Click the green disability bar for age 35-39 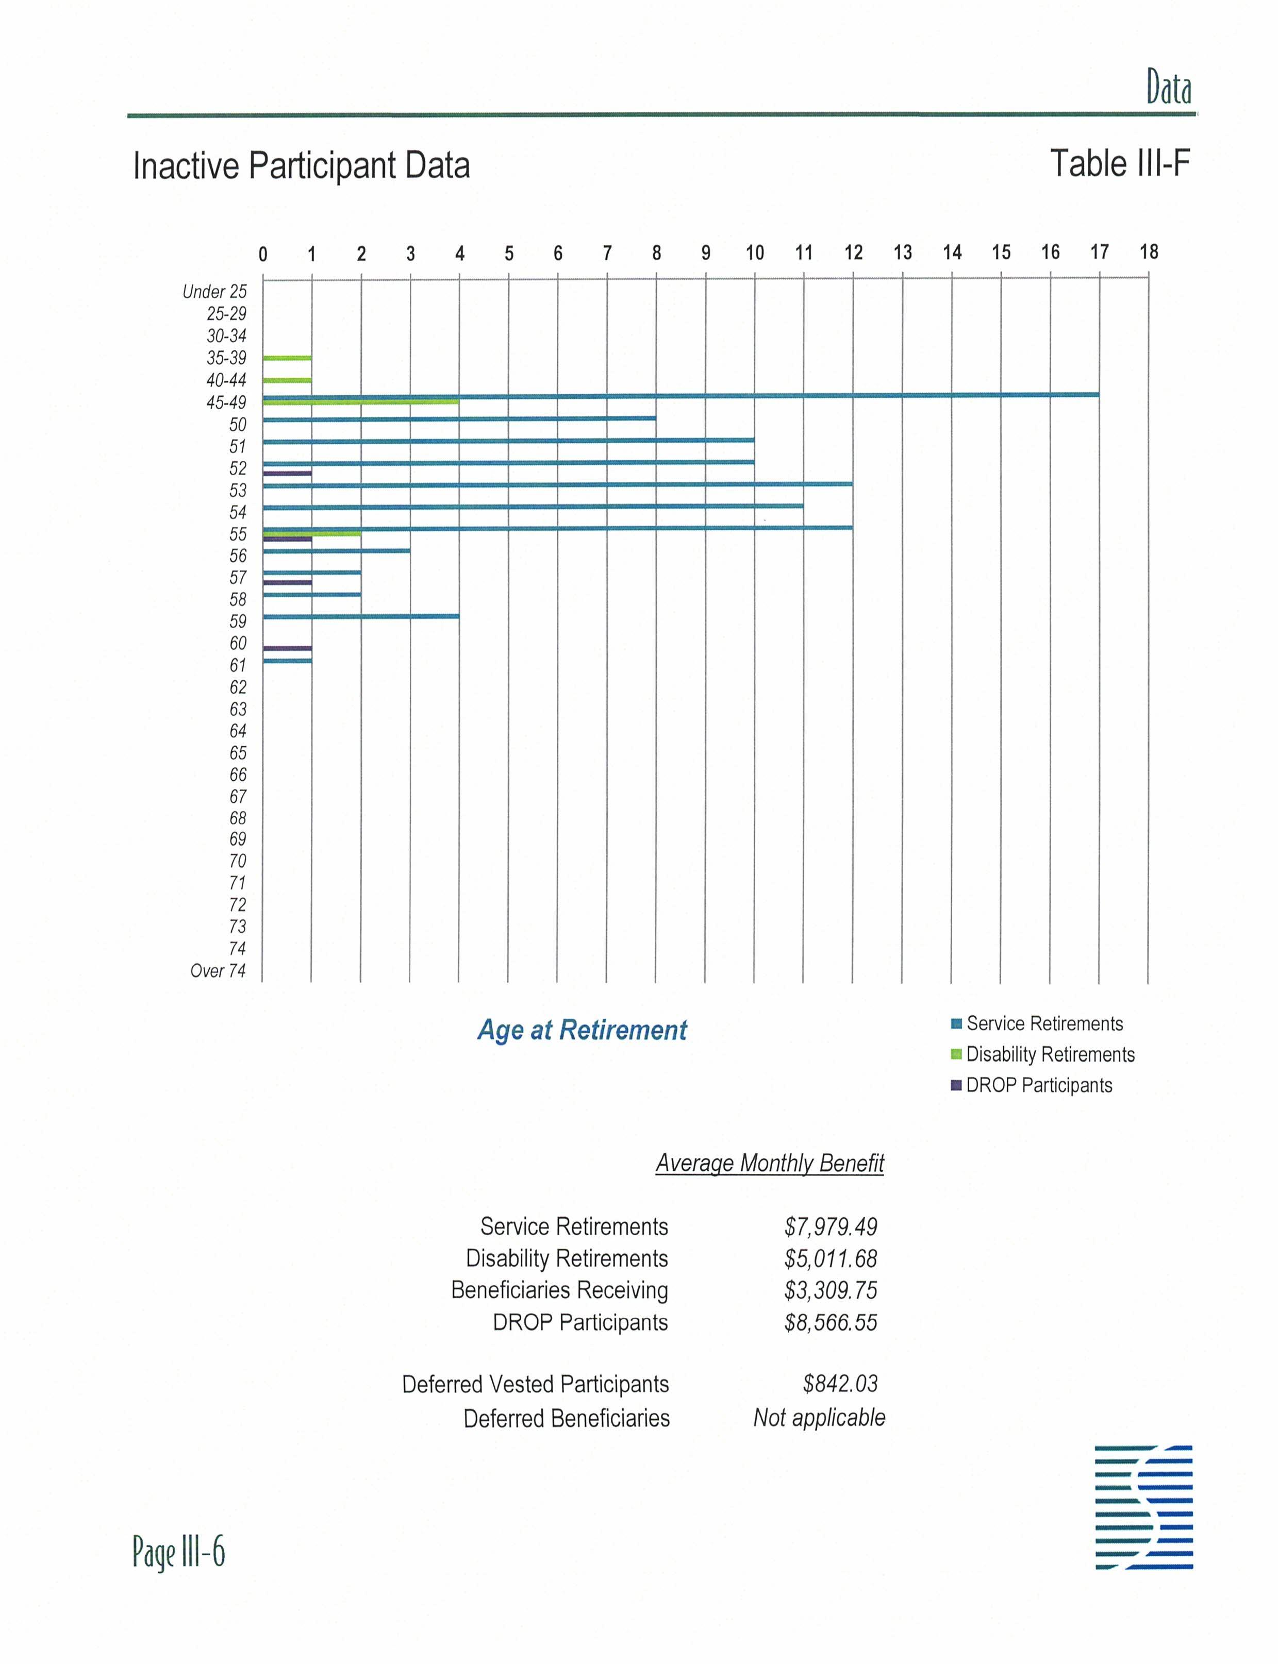click(287, 358)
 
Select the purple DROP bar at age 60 click(287, 648)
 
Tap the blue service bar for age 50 click(459, 418)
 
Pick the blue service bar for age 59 click(360, 616)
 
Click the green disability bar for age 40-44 click(287, 379)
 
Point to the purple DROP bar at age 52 click(287, 473)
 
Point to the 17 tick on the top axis click(1099, 253)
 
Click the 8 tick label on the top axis click(656, 253)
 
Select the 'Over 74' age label click(218, 971)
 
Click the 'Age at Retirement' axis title click(582, 1031)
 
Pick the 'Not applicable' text click(819, 1418)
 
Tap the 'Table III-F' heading click(1120, 163)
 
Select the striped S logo click(1143, 1507)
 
